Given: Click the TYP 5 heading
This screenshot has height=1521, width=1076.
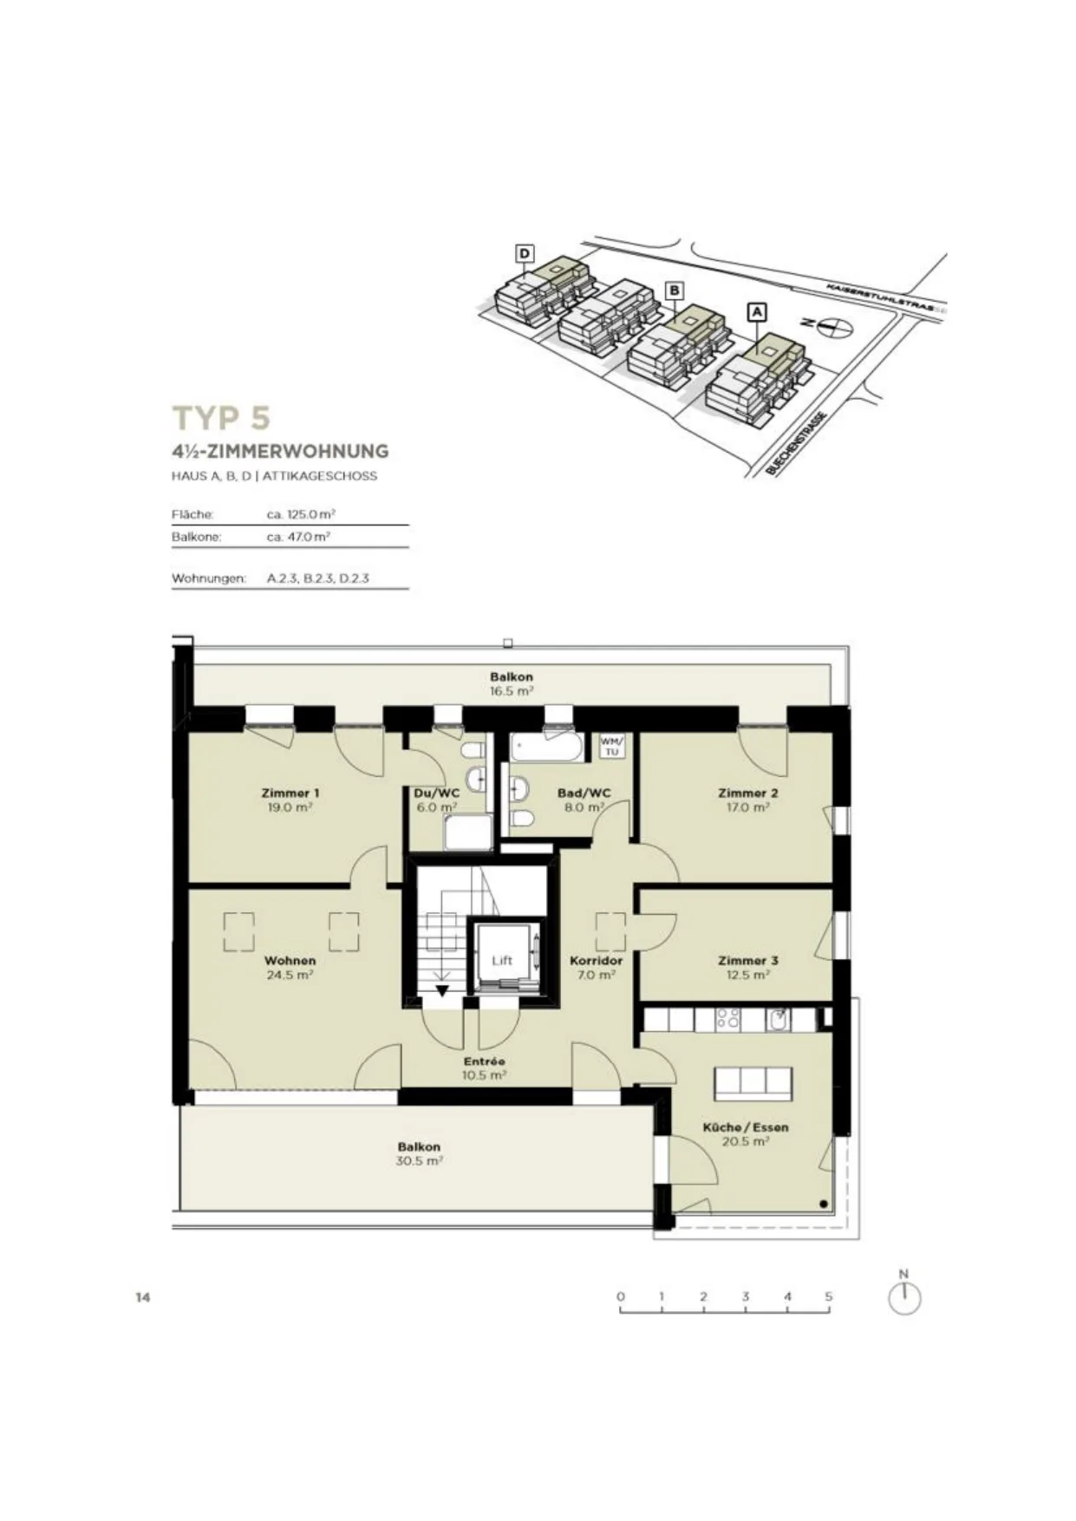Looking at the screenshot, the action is pyautogui.click(x=222, y=417).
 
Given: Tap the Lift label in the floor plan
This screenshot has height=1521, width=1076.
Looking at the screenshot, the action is pyautogui.click(x=502, y=960).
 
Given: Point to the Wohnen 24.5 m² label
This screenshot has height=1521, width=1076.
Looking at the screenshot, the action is pyautogui.click(x=290, y=968).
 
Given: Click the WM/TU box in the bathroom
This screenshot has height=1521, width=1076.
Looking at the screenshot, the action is pyautogui.click(x=612, y=746).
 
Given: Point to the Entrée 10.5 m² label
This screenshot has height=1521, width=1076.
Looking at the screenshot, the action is pyautogui.click(x=485, y=1067).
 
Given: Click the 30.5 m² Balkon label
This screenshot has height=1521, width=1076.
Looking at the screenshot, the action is pyautogui.click(x=420, y=1153).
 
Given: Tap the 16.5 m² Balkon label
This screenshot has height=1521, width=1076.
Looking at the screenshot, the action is pyautogui.click(x=512, y=684).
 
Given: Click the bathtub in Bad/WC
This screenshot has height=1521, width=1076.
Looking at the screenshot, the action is pyautogui.click(x=547, y=747).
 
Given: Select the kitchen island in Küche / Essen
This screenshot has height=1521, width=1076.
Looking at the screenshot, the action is pyautogui.click(x=753, y=1082).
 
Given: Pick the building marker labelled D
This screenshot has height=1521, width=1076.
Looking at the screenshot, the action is pyautogui.click(x=525, y=253).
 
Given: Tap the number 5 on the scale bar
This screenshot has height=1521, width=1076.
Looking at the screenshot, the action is pyautogui.click(x=829, y=1296).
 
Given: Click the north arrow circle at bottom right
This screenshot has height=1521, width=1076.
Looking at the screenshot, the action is pyautogui.click(x=904, y=1299).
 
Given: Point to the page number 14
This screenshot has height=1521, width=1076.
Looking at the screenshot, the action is pyautogui.click(x=143, y=1297).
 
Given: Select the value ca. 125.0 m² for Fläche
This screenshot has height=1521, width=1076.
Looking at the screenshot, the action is pyautogui.click(x=301, y=514).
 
